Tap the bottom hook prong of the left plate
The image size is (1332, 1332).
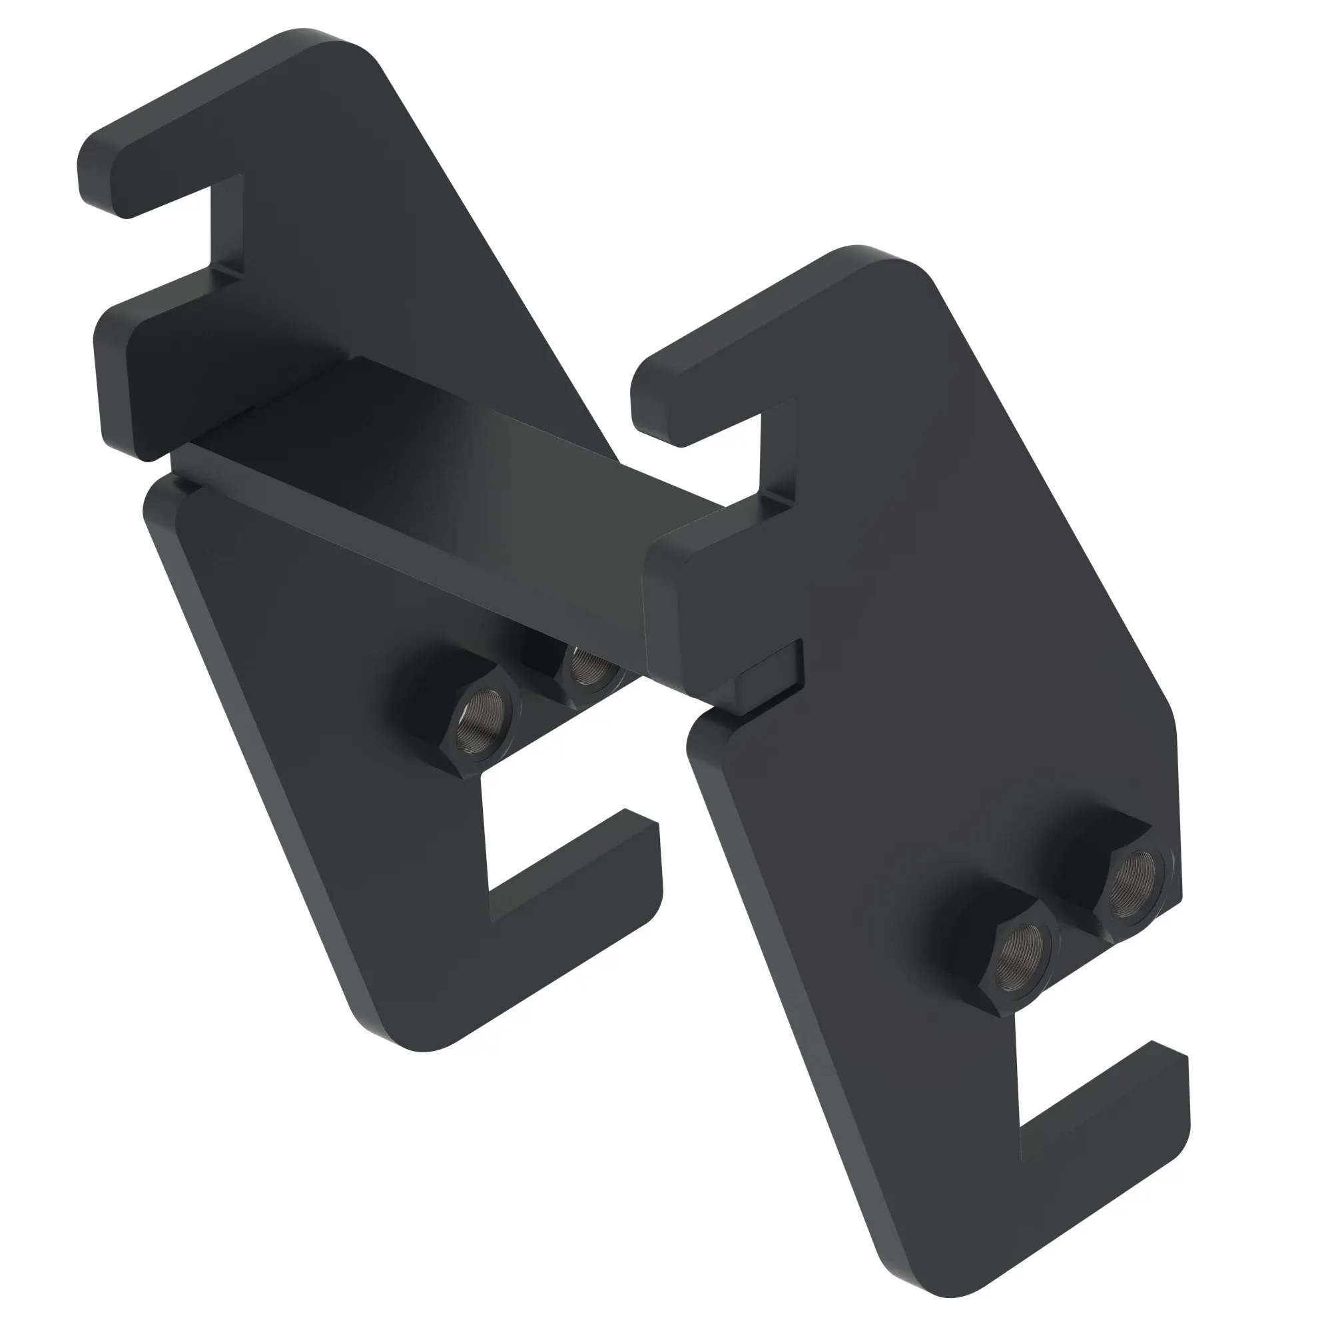click(x=572, y=889)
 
